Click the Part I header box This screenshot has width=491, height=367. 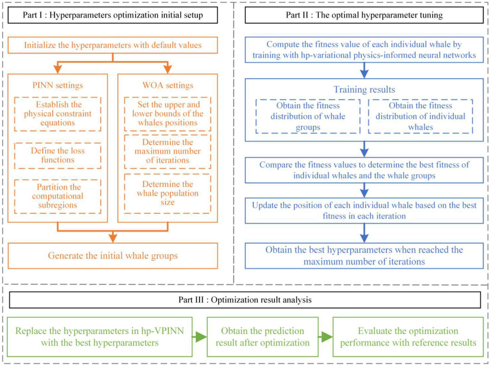(x=113, y=15)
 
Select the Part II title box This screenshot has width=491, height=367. (x=364, y=15)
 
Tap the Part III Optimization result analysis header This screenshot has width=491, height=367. (x=245, y=300)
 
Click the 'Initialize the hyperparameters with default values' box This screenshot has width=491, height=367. (x=113, y=45)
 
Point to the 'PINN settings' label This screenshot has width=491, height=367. (x=58, y=85)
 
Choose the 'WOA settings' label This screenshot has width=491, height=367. (x=168, y=85)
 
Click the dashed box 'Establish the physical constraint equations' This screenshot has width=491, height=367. (x=58, y=114)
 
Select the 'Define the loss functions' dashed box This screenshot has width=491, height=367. (x=58, y=155)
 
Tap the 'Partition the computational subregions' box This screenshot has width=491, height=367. (x=58, y=196)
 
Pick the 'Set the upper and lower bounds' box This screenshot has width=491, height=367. (x=168, y=114)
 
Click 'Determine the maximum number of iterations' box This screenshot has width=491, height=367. (x=168, y=151)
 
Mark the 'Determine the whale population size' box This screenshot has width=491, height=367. (x=168, y=193)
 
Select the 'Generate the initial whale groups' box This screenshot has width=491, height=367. (x=113, y=256)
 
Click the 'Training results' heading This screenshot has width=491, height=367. (x=364, y=90)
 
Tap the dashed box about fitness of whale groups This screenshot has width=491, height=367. (x=308, y=116)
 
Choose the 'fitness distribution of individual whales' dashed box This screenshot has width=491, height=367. (x=420, y=116)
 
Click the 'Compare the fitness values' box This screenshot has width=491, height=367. (x=364, y=170)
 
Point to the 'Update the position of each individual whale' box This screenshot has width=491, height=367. (x=364, y=211)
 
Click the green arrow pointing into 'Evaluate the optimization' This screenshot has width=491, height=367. (x=326, y=337)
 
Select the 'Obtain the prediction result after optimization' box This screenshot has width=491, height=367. (x=263, y=337)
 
